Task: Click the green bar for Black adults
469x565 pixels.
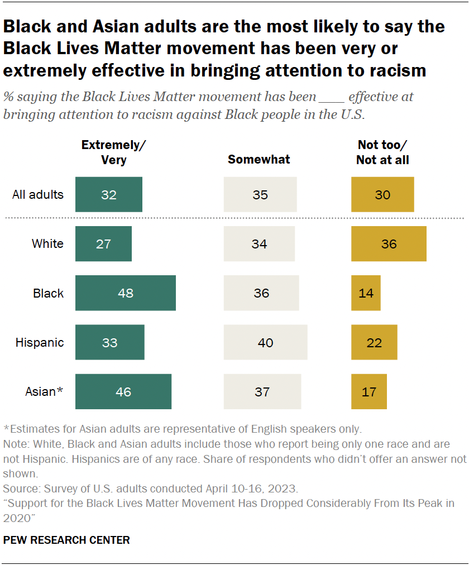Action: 125,293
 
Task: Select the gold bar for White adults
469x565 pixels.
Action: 389,244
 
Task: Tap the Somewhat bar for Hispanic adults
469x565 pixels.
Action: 265,342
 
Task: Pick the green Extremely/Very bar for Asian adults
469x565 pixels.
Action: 123,392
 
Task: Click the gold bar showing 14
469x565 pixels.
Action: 366,293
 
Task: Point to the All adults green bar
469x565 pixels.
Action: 108,195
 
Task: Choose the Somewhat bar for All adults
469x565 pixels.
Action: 260,195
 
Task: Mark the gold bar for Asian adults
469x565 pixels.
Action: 368,392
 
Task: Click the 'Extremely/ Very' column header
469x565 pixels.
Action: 113,152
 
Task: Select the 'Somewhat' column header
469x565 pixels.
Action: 259,160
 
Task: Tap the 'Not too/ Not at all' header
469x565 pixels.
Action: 383,152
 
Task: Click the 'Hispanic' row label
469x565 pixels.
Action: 40,342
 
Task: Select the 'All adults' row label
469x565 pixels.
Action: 38,195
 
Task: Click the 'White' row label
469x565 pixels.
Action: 47,244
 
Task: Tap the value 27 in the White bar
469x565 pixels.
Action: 103,244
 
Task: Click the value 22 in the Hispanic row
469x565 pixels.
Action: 374,342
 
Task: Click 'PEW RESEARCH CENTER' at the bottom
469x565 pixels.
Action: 66,540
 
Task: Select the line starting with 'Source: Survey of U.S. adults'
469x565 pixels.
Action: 151,488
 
